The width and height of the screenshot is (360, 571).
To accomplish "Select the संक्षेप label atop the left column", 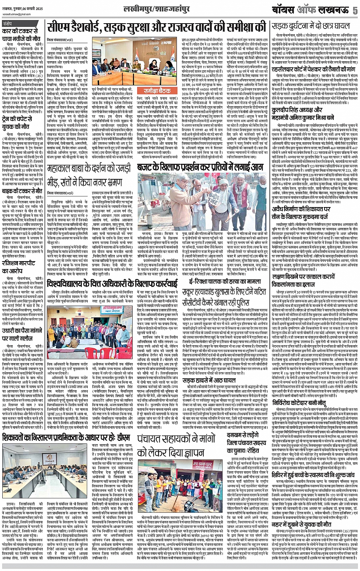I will (x=9, y=23).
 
